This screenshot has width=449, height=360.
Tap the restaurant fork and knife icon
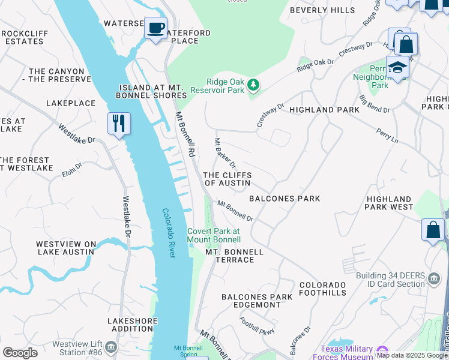point(119,124)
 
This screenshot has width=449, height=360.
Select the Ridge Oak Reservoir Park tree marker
point(253,86)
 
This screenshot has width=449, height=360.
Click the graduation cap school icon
point(397,67)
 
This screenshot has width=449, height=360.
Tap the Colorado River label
point(169,233)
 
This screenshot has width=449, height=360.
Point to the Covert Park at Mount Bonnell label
point(213,235)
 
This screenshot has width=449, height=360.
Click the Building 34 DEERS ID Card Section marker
point(433,279)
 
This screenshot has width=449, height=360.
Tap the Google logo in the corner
point(20,353)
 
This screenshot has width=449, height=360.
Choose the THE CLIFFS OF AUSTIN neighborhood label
point(227,178)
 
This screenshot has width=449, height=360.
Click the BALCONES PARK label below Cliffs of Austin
point(285,199)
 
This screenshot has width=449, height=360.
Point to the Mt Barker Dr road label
point(226,153)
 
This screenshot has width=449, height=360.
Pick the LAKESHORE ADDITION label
point(130,325)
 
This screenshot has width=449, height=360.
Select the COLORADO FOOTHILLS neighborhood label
point(323,289)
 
